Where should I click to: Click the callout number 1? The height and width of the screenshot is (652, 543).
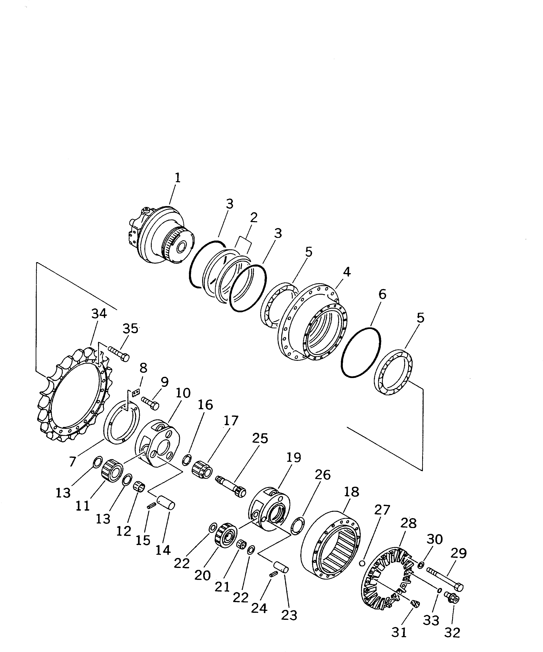(177, 178)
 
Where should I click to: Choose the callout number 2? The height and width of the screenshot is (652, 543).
(254, 218)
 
